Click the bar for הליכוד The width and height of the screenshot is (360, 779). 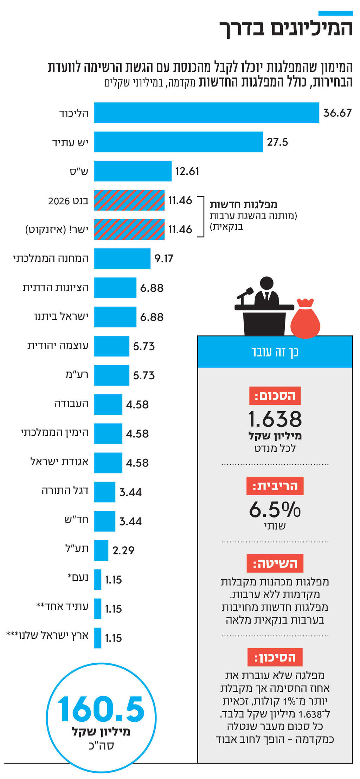pyautogui.click(x=206, y=113)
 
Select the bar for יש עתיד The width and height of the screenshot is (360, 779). pyautogui.click(x=178, y=142)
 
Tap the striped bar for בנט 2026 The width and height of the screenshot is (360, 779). pyautogui.click(x=129, y=200)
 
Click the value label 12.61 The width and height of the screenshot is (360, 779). pyautogui.click(x=187, y=171)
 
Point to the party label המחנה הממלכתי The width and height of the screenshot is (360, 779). pyautogui.click(x=51, y=258)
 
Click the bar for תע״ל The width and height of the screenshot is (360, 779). pyautogui.click(x=101, y=550)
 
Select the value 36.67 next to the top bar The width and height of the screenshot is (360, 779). pyautogui.click(x=337, y=113)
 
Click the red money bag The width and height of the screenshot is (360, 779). pyautogui.click(x=305, y=319)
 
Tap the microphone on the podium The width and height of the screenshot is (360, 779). pyautogui.click(x=245, y=292)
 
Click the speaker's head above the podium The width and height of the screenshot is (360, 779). pyautogui.click(x=266, y=283)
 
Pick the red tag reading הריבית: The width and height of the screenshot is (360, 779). pyautogui.click(x=275, y=486)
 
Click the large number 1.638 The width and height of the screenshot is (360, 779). pyautogui.click(x=275, y=419)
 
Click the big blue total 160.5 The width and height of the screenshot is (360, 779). pyautogui.click(x=101, y=709)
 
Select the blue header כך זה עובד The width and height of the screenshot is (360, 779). pyautogui.click(x=275, y=352)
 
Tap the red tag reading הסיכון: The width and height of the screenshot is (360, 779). pyautogui.click(x=275, y=657)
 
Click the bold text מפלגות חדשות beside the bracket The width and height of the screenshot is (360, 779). pyautogui.click(x=243, y=204)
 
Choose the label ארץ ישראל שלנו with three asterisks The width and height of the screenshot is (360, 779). pyautogui.click(x=47, y=635)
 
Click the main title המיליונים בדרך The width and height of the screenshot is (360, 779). pyautogui.click(x=286, y=28)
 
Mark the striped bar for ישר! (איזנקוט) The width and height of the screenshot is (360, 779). pyautogui.click(x=129, y=230)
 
